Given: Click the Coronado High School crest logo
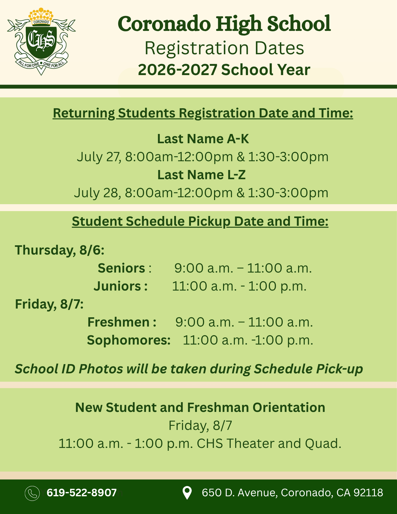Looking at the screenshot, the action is point(41,41).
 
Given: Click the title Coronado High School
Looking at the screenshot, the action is point(224,24).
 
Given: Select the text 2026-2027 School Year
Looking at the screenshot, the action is point(224,70).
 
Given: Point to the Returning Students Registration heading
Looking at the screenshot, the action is point(203,113).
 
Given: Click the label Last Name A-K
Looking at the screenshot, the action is point(203,139).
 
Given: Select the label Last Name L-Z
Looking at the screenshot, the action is point(201,175).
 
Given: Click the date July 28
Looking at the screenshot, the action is point(97,193).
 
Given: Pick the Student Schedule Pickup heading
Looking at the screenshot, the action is point(200,221).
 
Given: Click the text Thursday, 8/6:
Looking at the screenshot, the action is point(60,250).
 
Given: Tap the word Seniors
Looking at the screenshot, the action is point(122,268).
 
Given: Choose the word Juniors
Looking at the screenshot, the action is point(117,286).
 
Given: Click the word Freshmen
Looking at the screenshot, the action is point(118,322).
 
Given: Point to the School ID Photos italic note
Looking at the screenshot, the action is point(189,369).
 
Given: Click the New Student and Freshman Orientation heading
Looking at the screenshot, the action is point(200,408).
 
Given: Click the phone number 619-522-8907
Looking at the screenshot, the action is point(82,493).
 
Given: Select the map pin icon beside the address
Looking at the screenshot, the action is point(187,493).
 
